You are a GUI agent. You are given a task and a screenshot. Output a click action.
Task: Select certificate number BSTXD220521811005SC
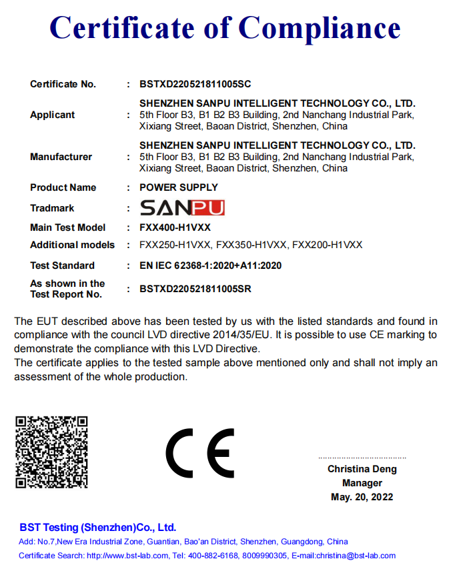tap(195, 84)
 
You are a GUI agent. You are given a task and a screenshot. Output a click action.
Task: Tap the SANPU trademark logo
tap(182, 207)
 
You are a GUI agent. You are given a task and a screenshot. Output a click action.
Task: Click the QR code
tap(51, 452)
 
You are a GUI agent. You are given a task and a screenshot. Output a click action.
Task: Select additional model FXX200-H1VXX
tap(328, 245)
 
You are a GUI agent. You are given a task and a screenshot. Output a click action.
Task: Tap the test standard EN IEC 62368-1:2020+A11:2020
tap(210, 265)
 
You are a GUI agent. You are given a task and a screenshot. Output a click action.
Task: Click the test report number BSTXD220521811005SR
tap(195, 289)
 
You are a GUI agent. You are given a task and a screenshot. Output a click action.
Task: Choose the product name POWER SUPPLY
tap(178, 187)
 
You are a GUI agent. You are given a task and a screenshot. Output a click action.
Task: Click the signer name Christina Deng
tap(362, 469)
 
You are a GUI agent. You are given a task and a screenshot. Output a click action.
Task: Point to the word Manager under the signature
tap(362, 483)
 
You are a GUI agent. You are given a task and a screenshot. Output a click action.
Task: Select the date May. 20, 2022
tap(362, 497)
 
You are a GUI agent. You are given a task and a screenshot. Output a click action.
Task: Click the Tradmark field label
tap(52, 208)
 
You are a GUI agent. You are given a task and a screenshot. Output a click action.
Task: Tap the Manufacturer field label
tap(61, 157)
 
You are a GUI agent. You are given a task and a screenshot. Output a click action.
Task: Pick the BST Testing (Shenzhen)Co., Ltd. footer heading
tap(97, 527)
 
